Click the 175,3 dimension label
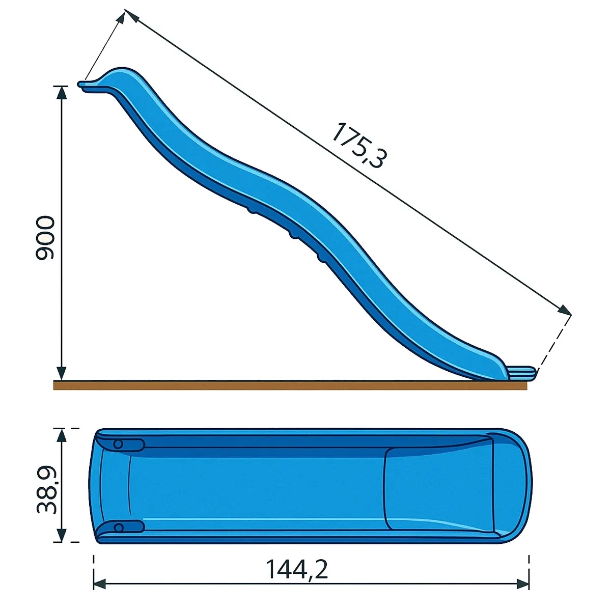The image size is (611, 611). click(x=359, y=145)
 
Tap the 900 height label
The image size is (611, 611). click(x=45, y=238)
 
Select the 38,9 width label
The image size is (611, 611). click(x=46, y=490)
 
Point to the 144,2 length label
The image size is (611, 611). click(x=297, y=569)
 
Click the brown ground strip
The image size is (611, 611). click(x=290, y=385)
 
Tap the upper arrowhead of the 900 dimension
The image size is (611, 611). click(x=62, y=93)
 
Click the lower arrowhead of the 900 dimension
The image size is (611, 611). click(x=62, y=373)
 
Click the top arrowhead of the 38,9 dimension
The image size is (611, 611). click(x=62, y=436)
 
